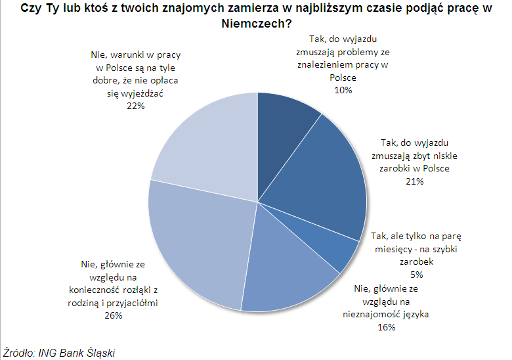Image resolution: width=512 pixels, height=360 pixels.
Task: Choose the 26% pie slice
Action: click(197, 243)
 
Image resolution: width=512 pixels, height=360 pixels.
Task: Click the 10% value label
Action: click(343, 90)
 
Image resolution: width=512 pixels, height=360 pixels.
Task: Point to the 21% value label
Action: click(415, 181)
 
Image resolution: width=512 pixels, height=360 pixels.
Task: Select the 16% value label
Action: click(386, 327)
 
